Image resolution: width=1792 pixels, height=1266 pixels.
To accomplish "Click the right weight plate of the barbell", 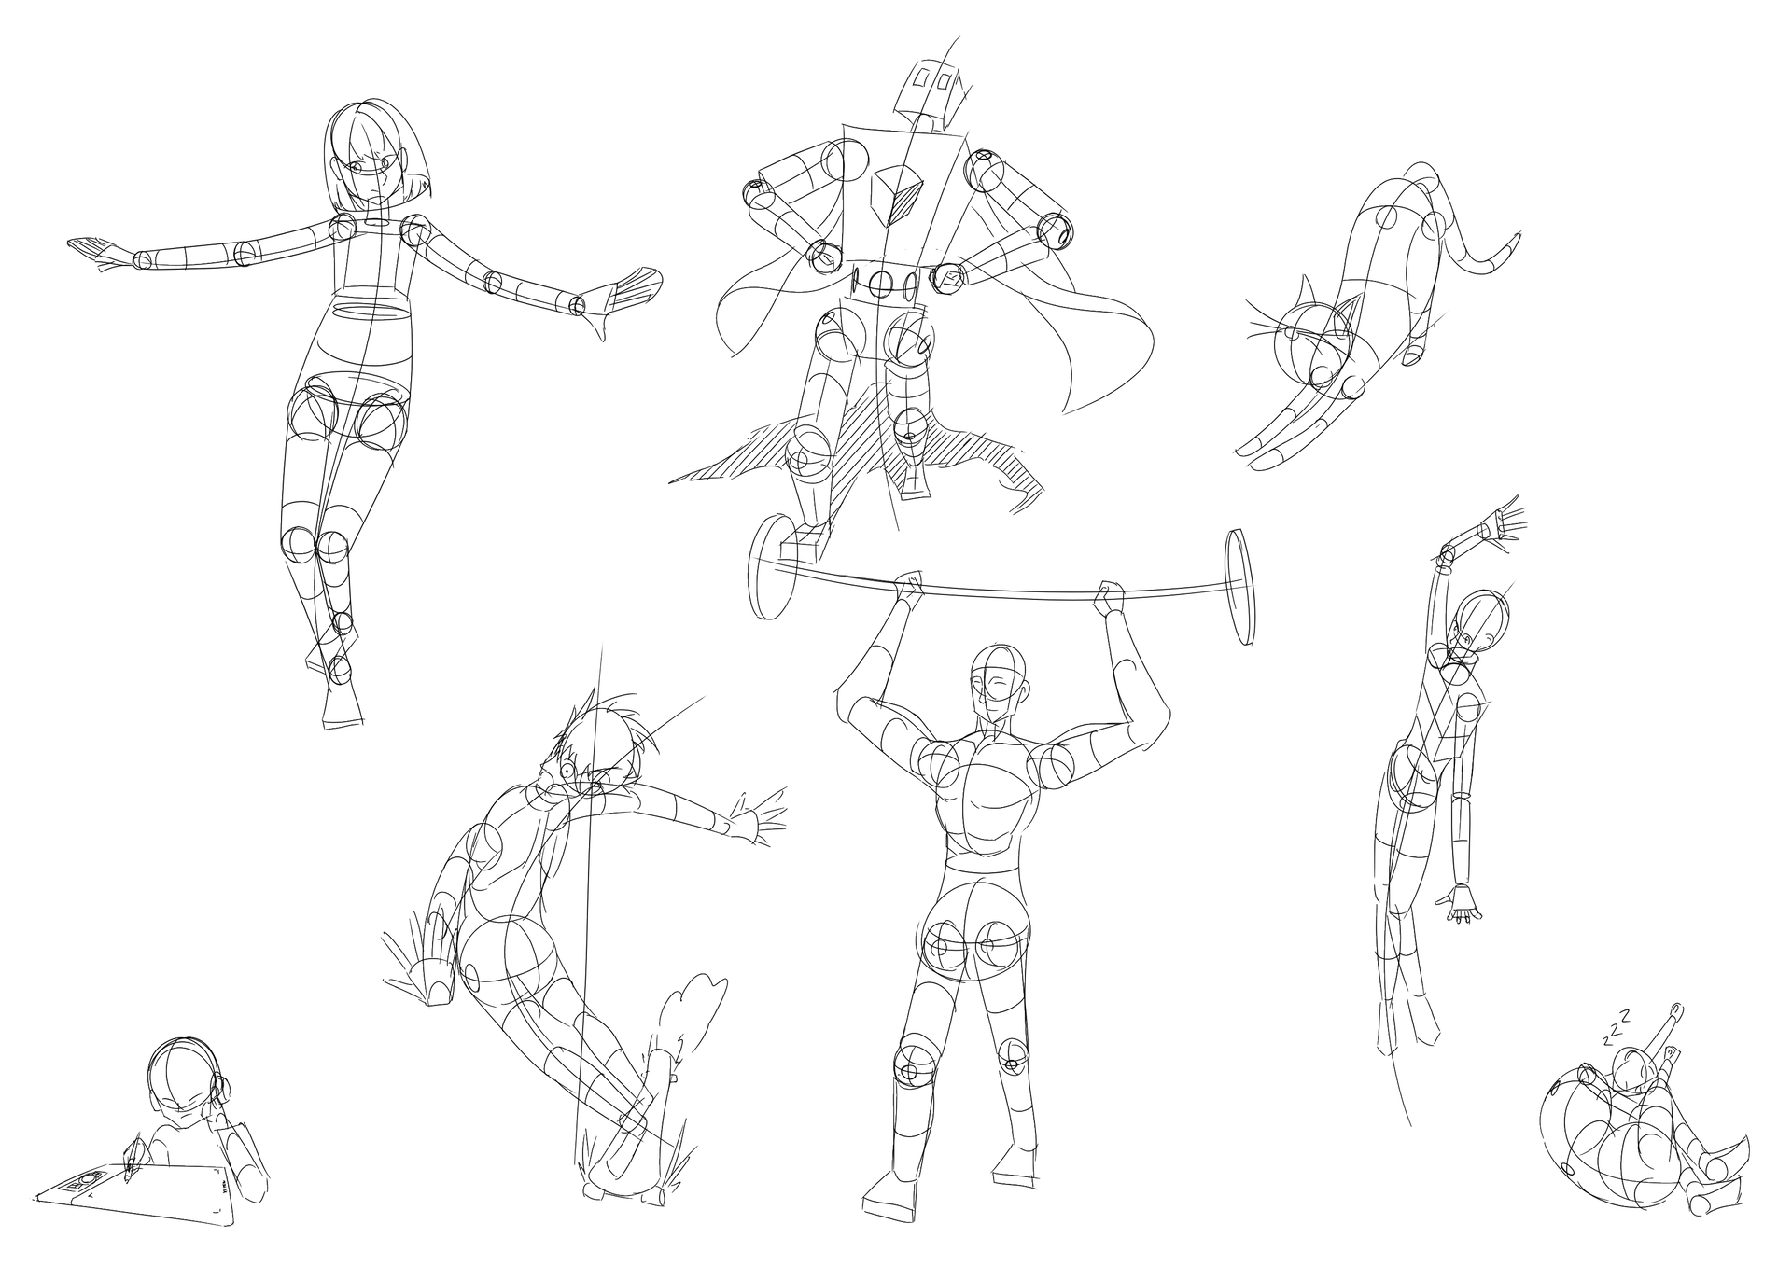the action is coord(1238,586).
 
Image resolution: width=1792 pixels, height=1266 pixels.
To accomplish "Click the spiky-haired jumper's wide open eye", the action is coord(567,771).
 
